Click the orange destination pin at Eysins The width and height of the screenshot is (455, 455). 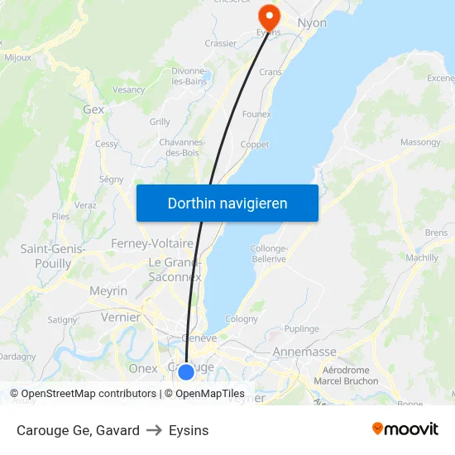coord(268,15)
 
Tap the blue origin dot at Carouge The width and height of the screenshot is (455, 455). coord(186,372)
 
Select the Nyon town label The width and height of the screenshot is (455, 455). coord(312,22)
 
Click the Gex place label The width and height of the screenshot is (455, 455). coord(93,109)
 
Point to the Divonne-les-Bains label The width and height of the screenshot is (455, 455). coord(189,77)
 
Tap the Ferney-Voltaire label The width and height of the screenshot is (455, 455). coord(152,243)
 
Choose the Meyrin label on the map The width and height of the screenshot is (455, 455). coord(108,291)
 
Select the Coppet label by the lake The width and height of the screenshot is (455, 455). coord(254,145)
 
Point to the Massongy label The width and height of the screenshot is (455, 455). coord(420,142)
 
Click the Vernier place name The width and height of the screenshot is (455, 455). coord(121,317)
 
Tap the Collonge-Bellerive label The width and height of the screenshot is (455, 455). coord(268,253)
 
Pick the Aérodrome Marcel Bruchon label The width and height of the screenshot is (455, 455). coord(346,376)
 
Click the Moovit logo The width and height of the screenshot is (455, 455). coord(405,429)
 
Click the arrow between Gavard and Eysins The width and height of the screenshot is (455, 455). coord(154,430)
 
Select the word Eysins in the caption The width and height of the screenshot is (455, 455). coord(189,430)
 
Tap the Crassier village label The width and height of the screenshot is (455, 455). coord(220,43)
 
